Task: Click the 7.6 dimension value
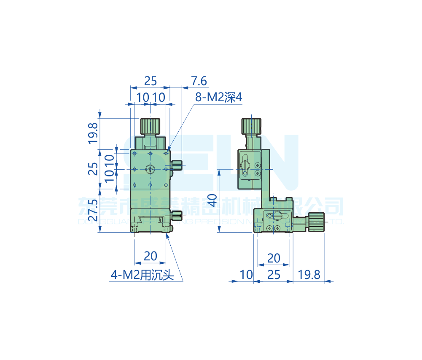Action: (199, 80)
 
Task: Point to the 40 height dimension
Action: (214, 200)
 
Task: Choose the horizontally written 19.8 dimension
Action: (309, 275)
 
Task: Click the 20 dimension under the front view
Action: (150, 256)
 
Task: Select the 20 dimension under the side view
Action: (274, 258)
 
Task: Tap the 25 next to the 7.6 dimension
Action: (150, 80)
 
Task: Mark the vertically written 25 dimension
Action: (93, 169)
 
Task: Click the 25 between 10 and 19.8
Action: (274, 275)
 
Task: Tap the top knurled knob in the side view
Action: (252, 125)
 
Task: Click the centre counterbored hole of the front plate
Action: (151, 169)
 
